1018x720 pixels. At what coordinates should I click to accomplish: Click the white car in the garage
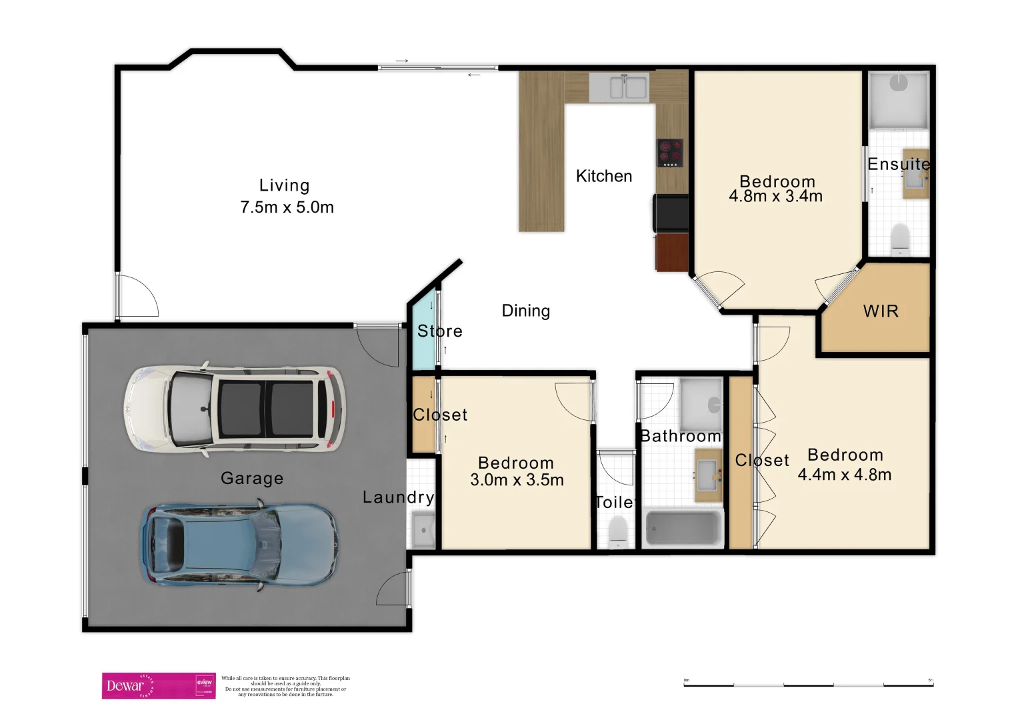[235, 409]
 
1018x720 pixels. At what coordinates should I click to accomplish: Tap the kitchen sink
[619, 87]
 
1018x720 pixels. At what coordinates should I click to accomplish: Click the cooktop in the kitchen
[670, 153]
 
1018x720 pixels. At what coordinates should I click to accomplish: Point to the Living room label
[285, 185]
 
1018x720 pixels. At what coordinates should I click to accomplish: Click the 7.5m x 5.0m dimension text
[287, 207]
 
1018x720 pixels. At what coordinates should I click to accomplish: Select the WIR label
[881, 311]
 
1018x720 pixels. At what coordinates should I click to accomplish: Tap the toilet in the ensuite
[900, 239]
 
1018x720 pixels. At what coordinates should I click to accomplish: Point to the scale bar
[808, 684]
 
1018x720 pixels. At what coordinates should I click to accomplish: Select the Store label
[439, 331]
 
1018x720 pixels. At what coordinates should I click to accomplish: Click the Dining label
[526, 311]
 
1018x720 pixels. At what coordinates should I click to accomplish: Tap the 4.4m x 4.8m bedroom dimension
[845, 475]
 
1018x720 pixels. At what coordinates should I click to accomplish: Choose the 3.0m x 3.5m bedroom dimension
[517, 480]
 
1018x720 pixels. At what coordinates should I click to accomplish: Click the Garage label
[252, 478]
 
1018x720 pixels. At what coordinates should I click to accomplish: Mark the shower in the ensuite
[899, 100]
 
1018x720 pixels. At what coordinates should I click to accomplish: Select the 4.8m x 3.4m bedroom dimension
[775, 196]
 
